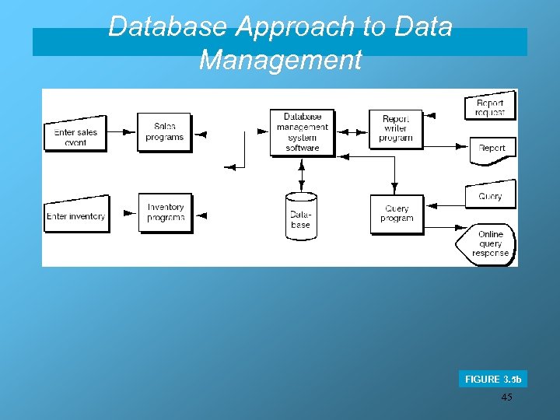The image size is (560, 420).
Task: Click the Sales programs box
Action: [163, 131]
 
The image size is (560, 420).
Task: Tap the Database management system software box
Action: [302, 132]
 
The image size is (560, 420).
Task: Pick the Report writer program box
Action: [395, 129]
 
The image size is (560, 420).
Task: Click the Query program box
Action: [396, 214]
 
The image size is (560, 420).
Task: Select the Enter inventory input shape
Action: [76, 215]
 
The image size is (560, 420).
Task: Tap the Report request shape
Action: [490, 107]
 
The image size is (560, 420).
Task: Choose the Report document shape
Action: [492, 149]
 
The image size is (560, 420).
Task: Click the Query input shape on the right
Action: [490, 196]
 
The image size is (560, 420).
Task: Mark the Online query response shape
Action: [488, 243]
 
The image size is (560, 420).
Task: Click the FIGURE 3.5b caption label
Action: [493, 380]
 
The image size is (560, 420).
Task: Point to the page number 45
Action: [507, 397]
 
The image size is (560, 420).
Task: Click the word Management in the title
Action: [280, 60]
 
